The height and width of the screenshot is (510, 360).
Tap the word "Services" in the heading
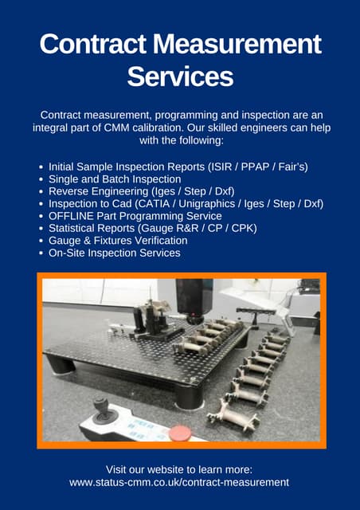pos(180,76)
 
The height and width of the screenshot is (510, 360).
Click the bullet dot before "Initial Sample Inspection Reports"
pos(41,167)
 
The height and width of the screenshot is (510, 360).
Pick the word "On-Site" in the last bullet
pos(68,253)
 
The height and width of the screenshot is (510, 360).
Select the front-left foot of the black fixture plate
pos(63,366)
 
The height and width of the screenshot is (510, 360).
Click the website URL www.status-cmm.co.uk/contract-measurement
pos(179,482)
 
